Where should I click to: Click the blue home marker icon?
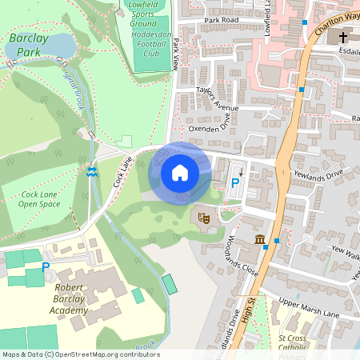pos(180,172)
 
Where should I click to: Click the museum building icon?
pos(260,239)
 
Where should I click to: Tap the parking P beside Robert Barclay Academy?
pos(46,266)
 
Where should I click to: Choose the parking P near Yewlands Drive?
pos(234,183)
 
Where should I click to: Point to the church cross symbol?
pos(344,38)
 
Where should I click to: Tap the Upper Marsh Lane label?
pos(308,308)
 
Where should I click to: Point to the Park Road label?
pos(222,18)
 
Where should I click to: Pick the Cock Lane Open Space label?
pos(40,199)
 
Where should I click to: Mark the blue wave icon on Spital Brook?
pos(92,171)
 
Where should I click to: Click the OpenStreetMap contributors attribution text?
pos(80,354)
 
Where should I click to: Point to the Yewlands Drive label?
pos(318,174)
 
